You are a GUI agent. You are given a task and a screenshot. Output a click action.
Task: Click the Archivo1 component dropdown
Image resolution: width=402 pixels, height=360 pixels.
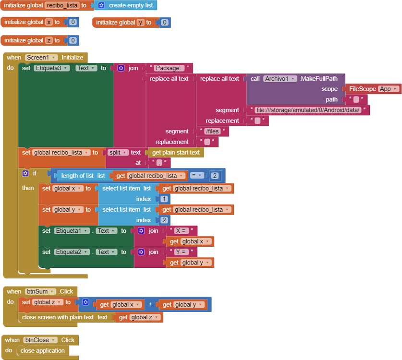tap(280, 79)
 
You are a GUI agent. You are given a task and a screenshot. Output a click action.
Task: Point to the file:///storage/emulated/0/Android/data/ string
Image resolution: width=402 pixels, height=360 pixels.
tap(308, 110)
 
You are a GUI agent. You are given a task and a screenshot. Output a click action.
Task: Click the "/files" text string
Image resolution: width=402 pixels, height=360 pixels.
tap(212, 132)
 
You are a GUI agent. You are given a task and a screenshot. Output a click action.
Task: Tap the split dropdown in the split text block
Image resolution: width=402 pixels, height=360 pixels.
tap(118, 153)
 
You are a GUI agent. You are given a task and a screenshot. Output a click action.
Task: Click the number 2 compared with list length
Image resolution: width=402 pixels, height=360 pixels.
tap(215, 176)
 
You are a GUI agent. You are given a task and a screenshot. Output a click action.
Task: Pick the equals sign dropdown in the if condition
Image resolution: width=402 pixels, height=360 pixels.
tap(196, 176)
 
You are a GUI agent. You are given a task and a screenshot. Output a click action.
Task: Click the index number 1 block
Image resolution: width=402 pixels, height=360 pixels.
tap(164, 199)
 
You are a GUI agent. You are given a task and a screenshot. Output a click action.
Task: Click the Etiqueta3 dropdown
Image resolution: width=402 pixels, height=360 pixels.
tap(52, 68)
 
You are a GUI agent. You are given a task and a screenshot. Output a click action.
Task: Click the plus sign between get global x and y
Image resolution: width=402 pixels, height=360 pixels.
tap(150, 305)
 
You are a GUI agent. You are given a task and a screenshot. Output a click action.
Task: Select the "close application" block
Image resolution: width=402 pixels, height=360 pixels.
tap(42, 351)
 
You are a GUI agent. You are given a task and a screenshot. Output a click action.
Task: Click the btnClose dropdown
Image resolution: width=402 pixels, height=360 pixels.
tap(40, 340)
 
